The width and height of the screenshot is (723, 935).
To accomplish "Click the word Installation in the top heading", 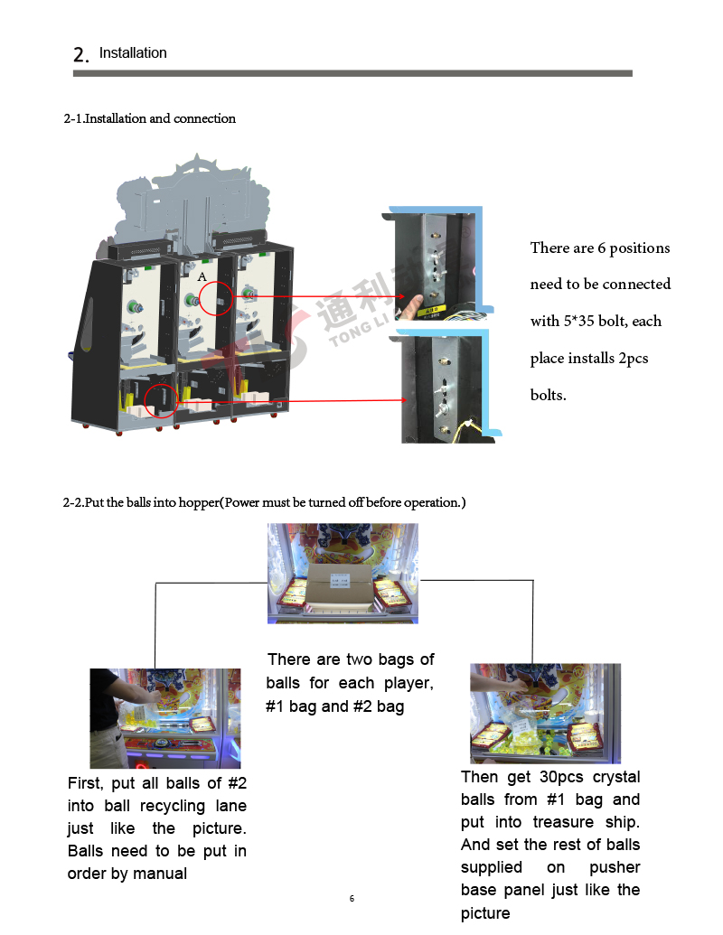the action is point(133,53).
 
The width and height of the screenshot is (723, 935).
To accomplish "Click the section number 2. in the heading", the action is point(81,55).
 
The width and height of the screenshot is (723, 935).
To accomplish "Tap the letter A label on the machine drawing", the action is point(202,276).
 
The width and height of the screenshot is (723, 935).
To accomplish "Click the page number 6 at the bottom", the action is point(352,899).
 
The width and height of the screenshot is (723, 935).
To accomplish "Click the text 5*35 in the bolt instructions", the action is point(578,322).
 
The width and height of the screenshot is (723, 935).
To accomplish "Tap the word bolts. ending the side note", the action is point(549,396).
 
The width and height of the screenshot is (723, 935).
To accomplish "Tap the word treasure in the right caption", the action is point(563,822).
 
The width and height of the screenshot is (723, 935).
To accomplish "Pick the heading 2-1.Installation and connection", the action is point(150,118).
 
